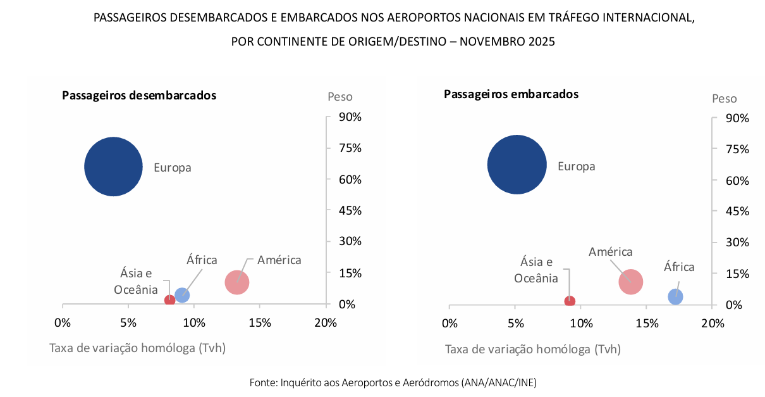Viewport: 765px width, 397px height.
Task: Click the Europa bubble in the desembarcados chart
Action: coord(113,167)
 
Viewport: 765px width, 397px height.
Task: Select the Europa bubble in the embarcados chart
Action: coord(517,165)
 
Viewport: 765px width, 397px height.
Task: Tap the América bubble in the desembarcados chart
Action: coord(237,282)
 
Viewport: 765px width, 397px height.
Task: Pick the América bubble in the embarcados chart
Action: coord(630,282)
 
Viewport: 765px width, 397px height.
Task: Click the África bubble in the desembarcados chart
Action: coord(182,294)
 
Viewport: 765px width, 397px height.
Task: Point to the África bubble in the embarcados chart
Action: coord(675,296)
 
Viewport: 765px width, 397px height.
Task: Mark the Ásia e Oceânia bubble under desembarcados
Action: coord(169,300)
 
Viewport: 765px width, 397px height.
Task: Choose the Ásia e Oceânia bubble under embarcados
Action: coord(570,301)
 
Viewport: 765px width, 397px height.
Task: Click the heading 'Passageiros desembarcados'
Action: coord(139,96)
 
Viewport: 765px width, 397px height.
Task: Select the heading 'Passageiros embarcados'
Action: coord(511,94)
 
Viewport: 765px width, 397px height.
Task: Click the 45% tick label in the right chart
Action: coord(737,211)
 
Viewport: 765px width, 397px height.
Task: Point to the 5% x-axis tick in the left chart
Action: coord(128,323)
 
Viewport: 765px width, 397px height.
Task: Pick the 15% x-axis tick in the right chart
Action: coord(647,324)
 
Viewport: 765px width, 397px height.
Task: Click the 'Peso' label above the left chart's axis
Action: coord(340,97)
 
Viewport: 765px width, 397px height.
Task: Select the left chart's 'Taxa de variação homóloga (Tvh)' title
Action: coord(137,348)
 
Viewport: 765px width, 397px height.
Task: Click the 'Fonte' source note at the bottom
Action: coord(393,382)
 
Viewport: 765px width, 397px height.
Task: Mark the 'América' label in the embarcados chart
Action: coord(610,252)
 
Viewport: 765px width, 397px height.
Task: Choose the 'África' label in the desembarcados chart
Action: coord(202,260)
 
